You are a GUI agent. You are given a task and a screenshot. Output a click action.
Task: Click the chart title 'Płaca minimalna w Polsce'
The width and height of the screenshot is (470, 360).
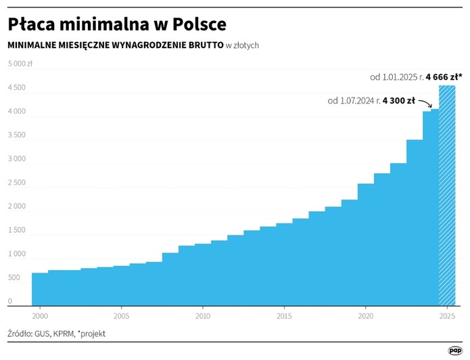pos(116,24)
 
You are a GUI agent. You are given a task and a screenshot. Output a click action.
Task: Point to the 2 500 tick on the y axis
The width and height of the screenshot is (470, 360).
pos(16,183)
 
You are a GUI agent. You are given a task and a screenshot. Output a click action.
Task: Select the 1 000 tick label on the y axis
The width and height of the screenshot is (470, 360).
pos(16,254)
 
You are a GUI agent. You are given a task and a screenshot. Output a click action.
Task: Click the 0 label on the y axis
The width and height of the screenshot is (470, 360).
pos(10,301)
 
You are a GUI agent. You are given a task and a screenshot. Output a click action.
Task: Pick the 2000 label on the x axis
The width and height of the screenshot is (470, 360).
pos(40,316)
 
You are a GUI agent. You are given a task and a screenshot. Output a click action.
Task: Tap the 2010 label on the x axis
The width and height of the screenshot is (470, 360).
pos(202,316)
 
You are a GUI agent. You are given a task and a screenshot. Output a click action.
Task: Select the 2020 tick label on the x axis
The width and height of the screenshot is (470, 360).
pos(365,316)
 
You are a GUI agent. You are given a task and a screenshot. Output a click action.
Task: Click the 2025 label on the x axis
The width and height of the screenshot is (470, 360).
pos(446,316)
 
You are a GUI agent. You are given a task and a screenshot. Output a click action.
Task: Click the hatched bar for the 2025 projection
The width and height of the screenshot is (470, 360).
pos(447,196)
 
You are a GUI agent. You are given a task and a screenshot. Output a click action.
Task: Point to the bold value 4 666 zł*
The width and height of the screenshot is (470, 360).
pos(444,77)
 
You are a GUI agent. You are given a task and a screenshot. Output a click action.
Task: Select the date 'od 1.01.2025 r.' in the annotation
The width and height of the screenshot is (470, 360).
pos(396,77)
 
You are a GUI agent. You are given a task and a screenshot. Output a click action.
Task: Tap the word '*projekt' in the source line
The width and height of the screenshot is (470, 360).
pos(91,334)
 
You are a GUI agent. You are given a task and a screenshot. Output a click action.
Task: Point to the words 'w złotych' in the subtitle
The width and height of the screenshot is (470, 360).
pos(242,45)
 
